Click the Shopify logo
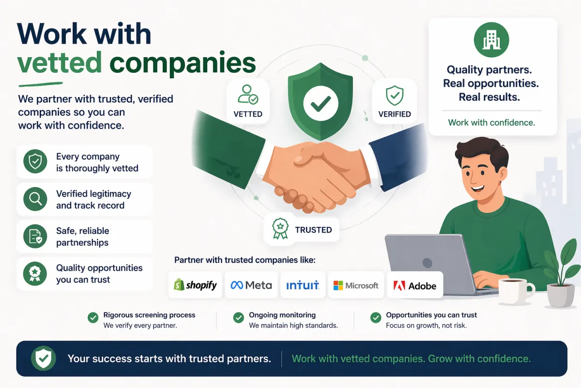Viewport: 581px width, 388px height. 195,285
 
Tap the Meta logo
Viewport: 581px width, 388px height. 251,285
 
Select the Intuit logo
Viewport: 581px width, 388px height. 302,285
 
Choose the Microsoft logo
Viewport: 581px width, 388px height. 356,285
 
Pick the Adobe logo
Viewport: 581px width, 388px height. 415,286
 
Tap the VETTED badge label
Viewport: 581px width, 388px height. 248,114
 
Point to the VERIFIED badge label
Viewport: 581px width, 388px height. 395,114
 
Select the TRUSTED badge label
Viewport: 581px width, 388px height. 313,230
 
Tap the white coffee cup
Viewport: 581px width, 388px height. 515,290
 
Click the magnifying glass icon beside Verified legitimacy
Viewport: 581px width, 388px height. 35,199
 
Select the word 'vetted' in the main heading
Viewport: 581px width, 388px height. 60,63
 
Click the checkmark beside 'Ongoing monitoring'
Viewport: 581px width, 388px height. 238,318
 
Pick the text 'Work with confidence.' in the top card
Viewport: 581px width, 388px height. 491,123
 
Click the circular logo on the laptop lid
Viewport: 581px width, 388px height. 427,263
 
